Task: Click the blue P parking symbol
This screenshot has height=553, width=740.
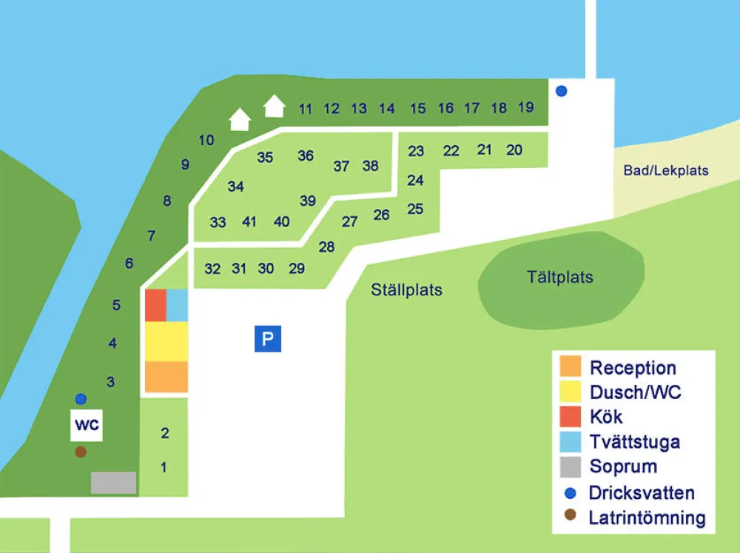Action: tap(268, 339)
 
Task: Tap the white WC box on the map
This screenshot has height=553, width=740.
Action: tap(86, 426)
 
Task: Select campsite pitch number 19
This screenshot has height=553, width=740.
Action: tap(526, 107)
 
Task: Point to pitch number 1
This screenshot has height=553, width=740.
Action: tap(164, 467)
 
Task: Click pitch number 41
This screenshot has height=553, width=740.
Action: tap(249, 221)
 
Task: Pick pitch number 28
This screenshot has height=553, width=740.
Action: tap(326, 247)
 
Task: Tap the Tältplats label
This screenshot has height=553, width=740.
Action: tap(560, 278)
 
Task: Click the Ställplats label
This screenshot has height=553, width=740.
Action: tap(406, 289)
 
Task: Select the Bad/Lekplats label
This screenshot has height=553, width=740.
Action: tap(665, 171)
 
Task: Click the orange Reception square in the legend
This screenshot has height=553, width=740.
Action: tap(571, 367)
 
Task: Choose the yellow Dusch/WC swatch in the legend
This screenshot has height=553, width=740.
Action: tap(571, 392)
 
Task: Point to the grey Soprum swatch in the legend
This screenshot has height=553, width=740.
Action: tap(571, 467)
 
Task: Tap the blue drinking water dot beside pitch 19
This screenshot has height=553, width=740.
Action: tap(562, 91)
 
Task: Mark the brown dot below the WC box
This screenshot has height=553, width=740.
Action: tap(81, 452)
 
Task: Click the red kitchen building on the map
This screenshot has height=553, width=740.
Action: tap(155, 305)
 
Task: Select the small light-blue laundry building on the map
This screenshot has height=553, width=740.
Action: tap(178, 305)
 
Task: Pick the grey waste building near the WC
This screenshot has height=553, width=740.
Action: tap(113, 483)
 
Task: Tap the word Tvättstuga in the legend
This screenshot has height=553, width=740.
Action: tap(634, 443)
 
